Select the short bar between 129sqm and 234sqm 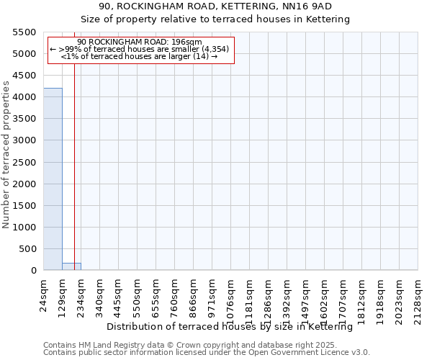(x=71, y=266)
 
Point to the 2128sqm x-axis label (x=418, y=297)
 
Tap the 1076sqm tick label (x=231, y=297)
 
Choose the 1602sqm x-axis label (x=325, y=297)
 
